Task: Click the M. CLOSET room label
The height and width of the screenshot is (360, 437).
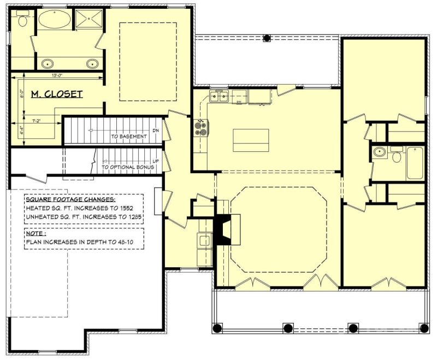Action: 56,95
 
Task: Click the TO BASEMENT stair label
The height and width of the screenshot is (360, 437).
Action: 129,137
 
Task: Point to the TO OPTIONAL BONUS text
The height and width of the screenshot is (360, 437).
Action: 128,167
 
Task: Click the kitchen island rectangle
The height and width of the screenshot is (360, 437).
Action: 251,140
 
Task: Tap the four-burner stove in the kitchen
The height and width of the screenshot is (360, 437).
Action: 200,128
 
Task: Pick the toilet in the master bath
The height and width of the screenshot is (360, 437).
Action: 22,21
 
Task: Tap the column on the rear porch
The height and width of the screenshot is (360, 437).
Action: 267,38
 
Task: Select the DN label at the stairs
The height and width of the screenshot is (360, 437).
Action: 156,131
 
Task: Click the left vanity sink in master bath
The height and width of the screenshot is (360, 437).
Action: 45,63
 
